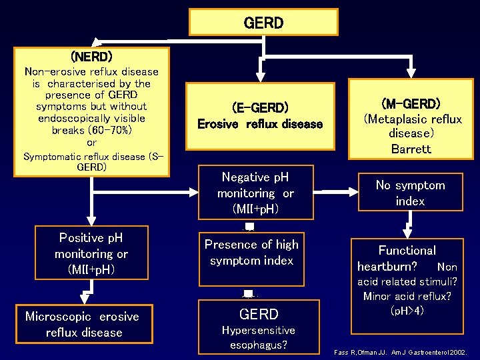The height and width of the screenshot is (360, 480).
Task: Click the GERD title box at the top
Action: (x=263, y=23)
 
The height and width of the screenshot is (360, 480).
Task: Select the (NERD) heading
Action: (x=91, y=56)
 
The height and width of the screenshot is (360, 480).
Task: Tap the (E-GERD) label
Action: (x=260, y=107)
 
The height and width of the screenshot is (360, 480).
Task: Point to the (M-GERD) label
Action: (x=411, y=103)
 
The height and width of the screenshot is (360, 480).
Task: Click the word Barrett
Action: (x=411, y=149)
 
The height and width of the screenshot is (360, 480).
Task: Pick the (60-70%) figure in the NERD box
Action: (x=91, y=131)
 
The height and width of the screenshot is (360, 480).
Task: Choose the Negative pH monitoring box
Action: (x=255, y=193)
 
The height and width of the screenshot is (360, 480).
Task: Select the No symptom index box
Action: (x=410, y=193)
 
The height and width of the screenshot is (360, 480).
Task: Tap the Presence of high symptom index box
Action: (x=251, y=253)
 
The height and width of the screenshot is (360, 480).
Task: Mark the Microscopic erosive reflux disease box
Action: (x=82, y=324)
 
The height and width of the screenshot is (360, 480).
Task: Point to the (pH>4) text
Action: (x=407, y=310)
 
